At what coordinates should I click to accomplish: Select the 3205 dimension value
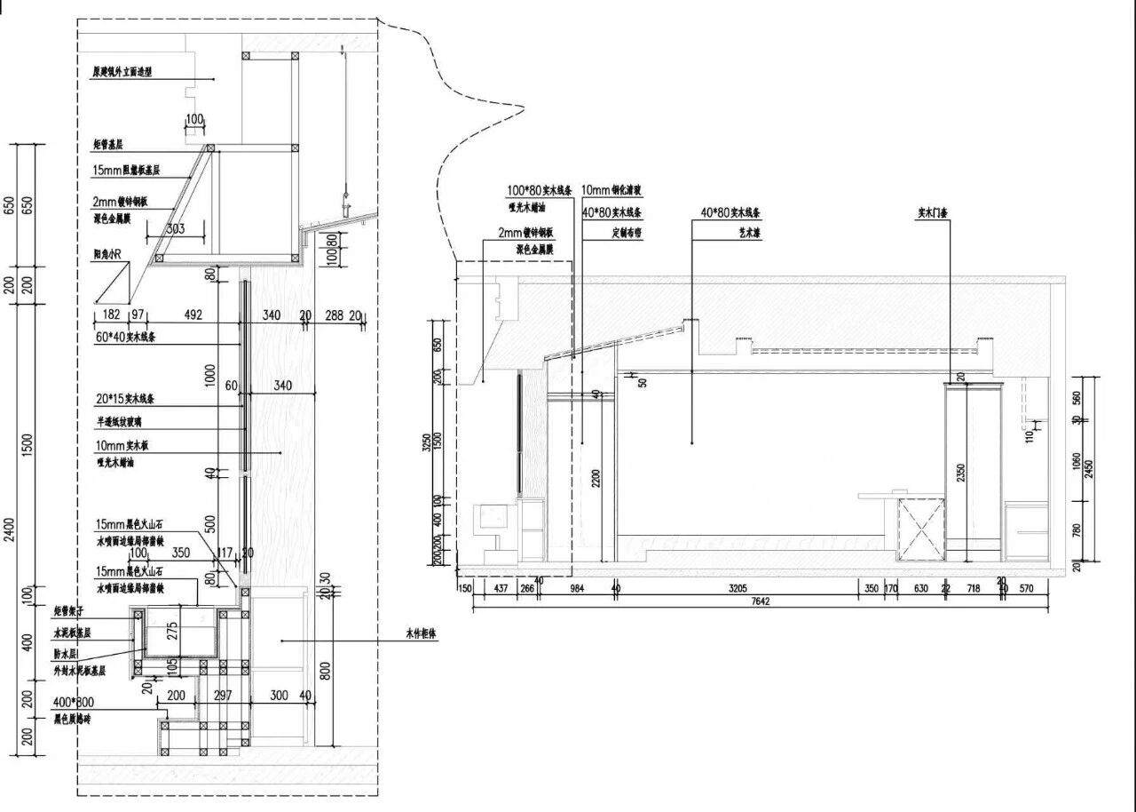738,587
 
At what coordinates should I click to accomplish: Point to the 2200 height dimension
596,477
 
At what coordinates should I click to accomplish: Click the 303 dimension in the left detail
176,229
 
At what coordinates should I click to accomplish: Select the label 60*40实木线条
125,338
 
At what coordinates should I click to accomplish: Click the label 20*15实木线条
125,399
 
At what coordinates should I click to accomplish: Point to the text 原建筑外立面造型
122,73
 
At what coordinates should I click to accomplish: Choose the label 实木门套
933,214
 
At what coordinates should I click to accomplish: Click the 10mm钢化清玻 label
611,190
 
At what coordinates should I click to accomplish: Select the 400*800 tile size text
74,702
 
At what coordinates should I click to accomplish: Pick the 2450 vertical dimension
1089,468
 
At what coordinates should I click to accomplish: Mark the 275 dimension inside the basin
173,630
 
